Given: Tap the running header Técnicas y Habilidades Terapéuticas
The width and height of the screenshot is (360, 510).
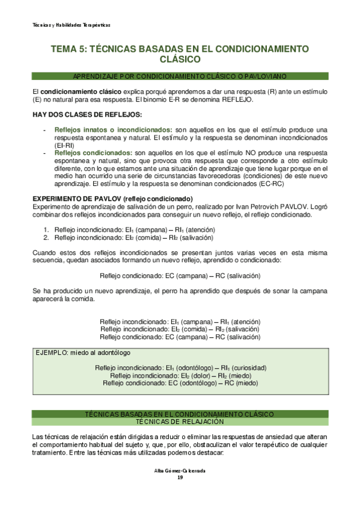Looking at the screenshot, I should point(72,25).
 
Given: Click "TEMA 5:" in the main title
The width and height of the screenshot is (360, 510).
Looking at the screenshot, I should point(69,49).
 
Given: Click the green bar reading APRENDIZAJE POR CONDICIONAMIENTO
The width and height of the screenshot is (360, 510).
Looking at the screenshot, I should point(180,76).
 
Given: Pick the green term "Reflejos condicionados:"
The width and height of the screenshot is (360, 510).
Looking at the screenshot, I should point(93,153).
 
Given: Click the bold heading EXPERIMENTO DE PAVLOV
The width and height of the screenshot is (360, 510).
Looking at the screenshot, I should point(112,199).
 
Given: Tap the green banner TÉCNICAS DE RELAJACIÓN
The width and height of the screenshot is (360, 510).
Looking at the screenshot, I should point(180,422).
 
